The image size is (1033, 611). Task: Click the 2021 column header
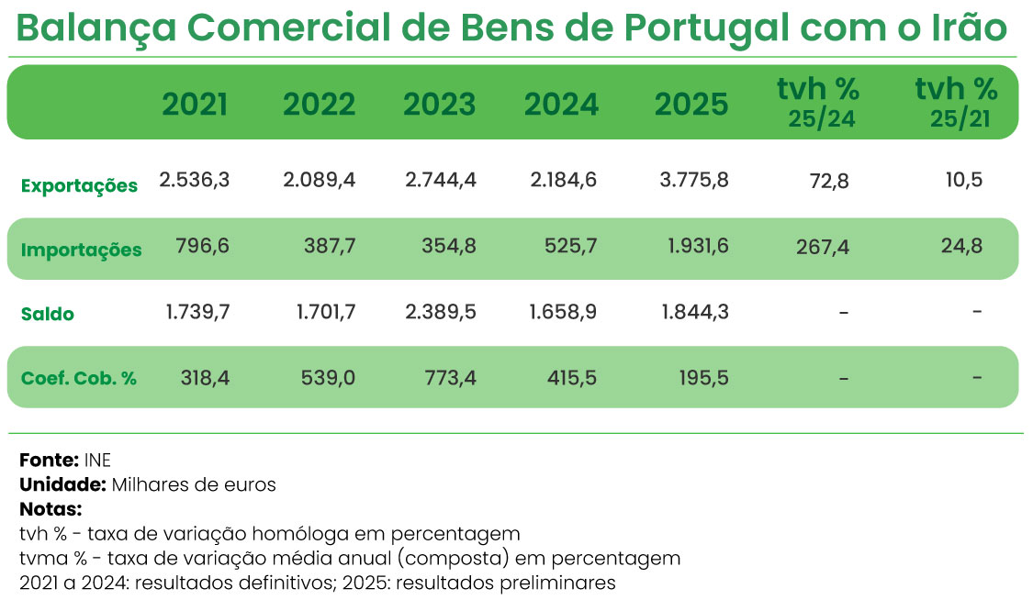[x=195, y=105]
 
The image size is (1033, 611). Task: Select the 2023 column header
[x=440, y=105]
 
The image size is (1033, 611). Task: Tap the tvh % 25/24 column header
[x=818, y=103]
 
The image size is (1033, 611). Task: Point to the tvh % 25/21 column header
[x=956, y=103]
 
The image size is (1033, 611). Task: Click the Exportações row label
[x=79, y=186]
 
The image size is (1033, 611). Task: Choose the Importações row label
[x=81, y=250]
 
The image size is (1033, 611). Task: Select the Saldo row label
[x=48, y=314]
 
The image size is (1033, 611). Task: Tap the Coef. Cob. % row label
[x=79, y=378]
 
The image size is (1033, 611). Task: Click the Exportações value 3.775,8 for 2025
[x=693, y=180]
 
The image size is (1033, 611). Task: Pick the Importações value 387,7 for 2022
[x=328, y=246]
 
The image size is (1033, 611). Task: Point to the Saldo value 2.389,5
[x=440, y=312]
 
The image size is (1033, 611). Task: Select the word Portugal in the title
[x=706, y=29]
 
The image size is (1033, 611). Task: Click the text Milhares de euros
[x=194, y=484]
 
